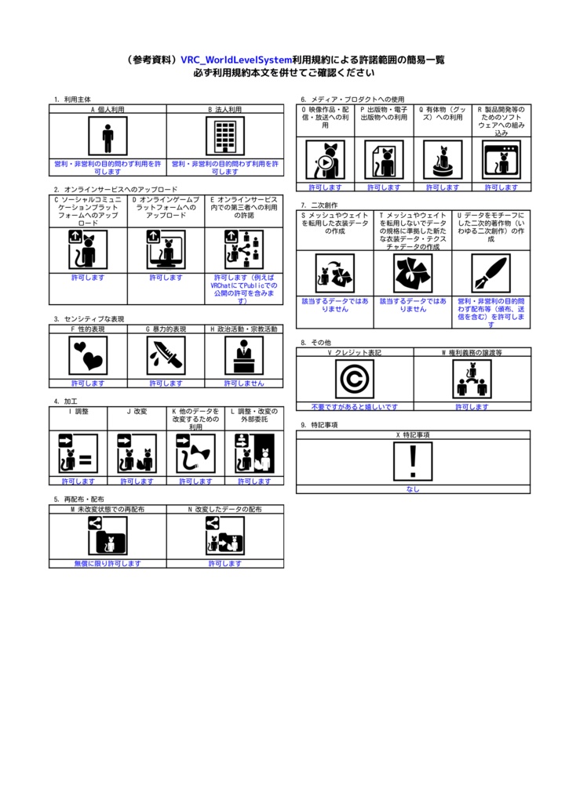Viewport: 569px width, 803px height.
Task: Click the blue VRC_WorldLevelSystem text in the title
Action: point(236,60)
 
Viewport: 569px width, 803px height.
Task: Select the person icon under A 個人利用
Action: point(108,136)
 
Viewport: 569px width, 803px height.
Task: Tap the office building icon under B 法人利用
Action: point(225,136)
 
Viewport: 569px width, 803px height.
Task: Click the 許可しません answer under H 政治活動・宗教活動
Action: point(244,383)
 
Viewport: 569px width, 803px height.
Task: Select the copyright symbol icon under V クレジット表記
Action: point(355,380)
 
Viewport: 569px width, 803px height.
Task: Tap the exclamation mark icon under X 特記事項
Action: point(413,461)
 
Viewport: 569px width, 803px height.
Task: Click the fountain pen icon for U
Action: point(491,273)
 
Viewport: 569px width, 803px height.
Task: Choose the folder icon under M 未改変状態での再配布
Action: point(108,536)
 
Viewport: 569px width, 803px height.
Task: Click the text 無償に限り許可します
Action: point(108,563)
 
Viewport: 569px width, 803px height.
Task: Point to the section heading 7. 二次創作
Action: point(314,205)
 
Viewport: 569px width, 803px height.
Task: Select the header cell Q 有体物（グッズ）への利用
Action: point(443,114)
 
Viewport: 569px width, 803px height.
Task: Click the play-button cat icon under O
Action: point(325,160)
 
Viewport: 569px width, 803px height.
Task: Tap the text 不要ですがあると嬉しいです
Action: point(355,407)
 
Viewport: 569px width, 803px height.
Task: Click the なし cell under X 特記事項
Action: point(413,489)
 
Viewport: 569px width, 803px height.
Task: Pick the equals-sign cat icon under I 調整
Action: point(78,454)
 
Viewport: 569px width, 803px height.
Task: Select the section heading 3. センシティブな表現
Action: point(89,319)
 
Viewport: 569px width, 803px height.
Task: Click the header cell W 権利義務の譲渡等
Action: point(472,353)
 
